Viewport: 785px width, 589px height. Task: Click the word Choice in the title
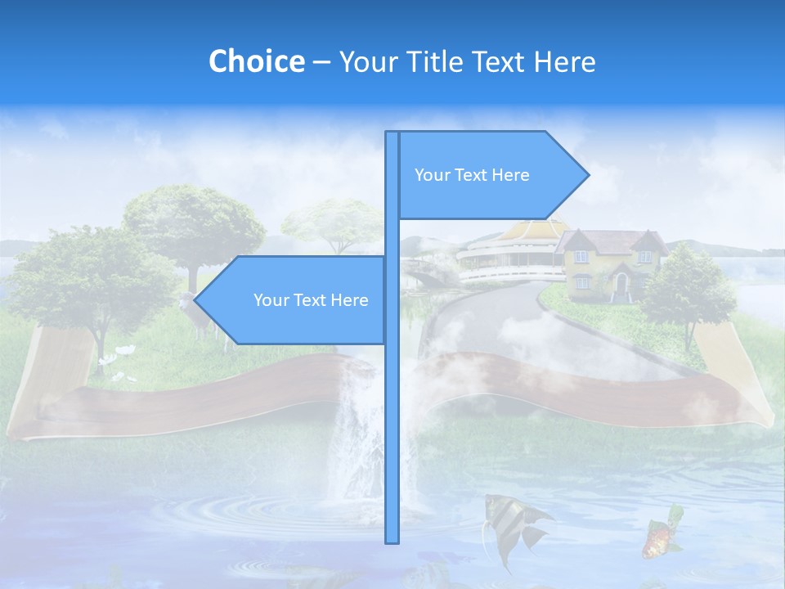pyautogui.click(x=256, y=61)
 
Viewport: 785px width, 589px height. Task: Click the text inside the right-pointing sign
pyautogui.click(x=472, y=175)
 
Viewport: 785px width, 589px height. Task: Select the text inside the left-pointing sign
pyautogui.click(x=311, y=300)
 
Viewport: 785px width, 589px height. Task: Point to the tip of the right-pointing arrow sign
pyautogui.click(x=587, y=174)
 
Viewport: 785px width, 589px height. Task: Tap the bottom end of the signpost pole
pyautogui.click(x=392, y=540)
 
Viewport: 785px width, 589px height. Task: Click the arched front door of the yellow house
pyautogui.click(x=621, y=284)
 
